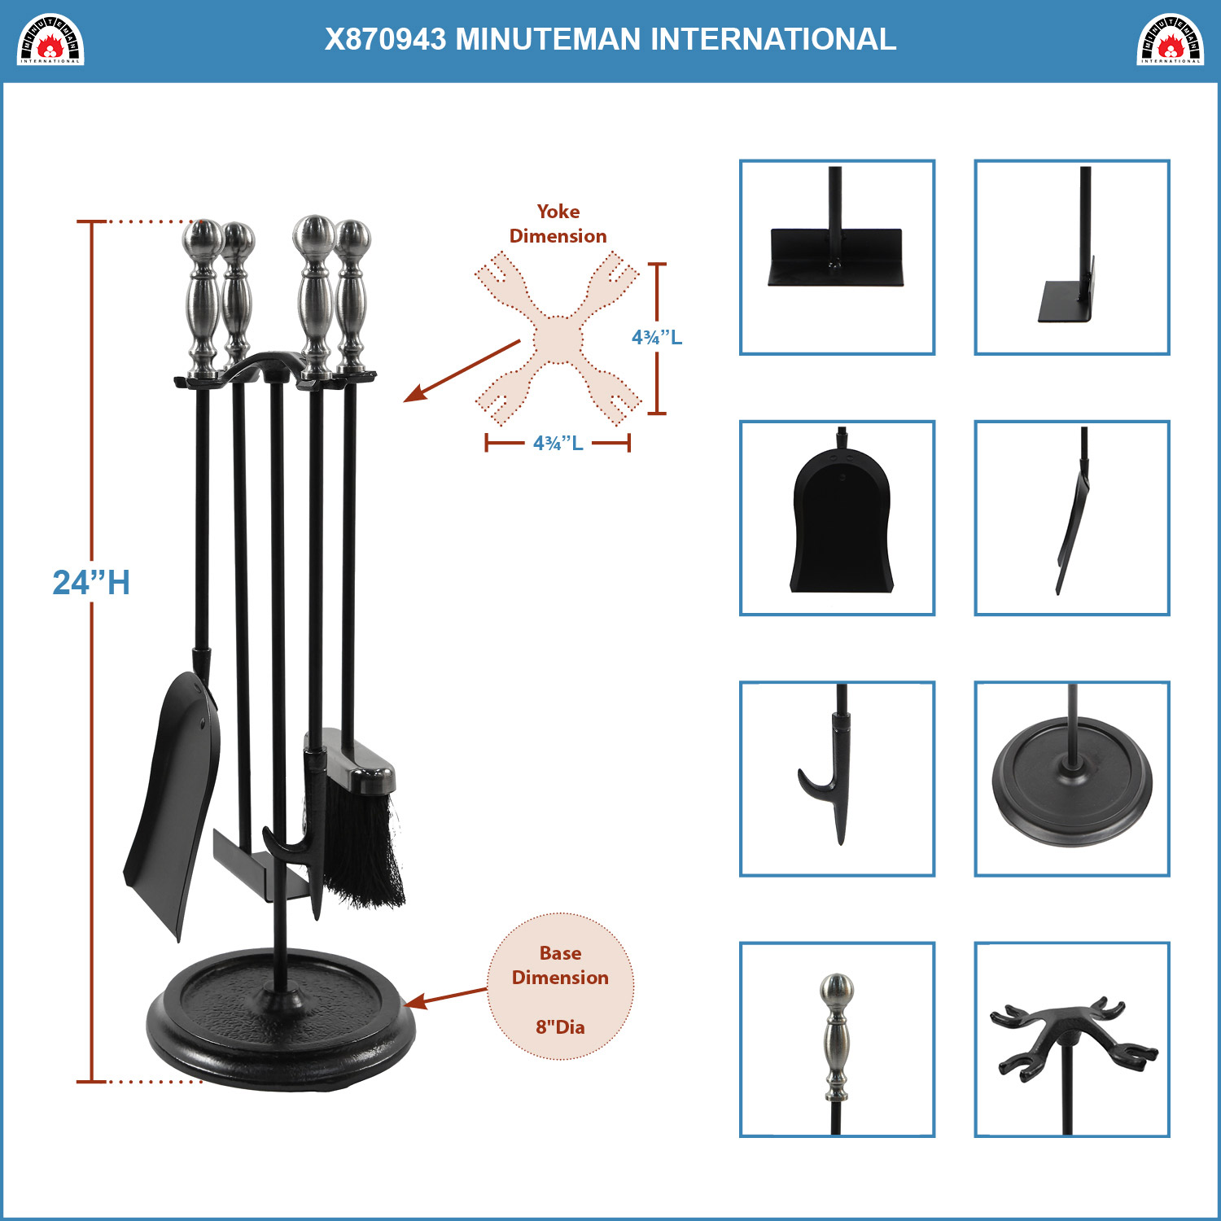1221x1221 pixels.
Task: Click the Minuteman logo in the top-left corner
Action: tap(50, 39)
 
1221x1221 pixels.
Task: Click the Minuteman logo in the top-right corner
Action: tap(1170, 39)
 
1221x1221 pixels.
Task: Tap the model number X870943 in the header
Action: tap(385, 39)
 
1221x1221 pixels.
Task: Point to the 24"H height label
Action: tap(91, 583)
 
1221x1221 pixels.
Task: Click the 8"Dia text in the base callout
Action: tap(560, 1027)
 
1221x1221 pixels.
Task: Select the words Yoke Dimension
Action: tap(558, 224)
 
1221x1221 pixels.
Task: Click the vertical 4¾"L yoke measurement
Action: tap(657, 337)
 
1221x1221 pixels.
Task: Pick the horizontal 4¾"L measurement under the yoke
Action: tap(558, 443)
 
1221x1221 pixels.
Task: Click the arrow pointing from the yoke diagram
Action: tap(462, 370)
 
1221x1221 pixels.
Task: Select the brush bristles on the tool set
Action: tap(362, 847)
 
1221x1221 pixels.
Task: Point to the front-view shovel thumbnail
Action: tap(837, 518)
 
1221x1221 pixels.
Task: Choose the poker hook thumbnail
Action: tap(837, 779)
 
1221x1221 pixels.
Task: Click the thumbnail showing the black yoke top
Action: tap(1072, 1039)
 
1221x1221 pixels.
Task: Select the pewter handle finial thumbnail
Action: tap(837, 1039)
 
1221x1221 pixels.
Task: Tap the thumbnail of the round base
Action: tap(1072, 779)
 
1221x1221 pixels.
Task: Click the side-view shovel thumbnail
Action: tap(1072, 518)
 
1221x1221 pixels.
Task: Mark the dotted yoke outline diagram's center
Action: tap(558, 339)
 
